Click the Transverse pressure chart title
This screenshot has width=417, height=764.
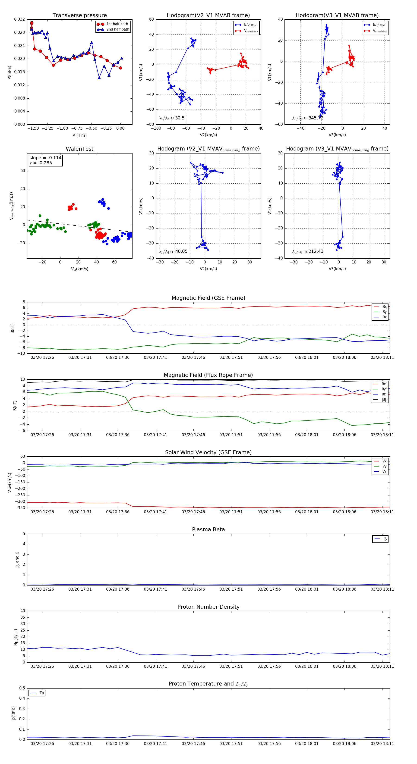coord(79,16)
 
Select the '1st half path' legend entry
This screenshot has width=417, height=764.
coord(117,24)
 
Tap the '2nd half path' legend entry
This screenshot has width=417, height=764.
coord(117,29)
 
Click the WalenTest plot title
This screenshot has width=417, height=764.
coord(79,149)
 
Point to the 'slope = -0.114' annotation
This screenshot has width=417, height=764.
coord(45,158)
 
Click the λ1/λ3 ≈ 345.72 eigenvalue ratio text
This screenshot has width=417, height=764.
coord(308,118)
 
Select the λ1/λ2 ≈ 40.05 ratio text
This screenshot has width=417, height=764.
coord(173,251)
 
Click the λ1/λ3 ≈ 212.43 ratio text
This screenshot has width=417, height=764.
coord(308,251)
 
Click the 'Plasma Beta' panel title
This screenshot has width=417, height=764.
coord(208,529)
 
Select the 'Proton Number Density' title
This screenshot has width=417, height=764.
coord(208,607)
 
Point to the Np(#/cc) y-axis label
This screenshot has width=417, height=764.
coord(16,637)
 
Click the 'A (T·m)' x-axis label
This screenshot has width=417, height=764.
coord(79,135)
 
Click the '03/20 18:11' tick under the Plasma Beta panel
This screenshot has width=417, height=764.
coord(382,589)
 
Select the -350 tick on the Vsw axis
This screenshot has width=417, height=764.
coord(20,508)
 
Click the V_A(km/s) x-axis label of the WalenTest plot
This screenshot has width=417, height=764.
coord(79,269)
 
